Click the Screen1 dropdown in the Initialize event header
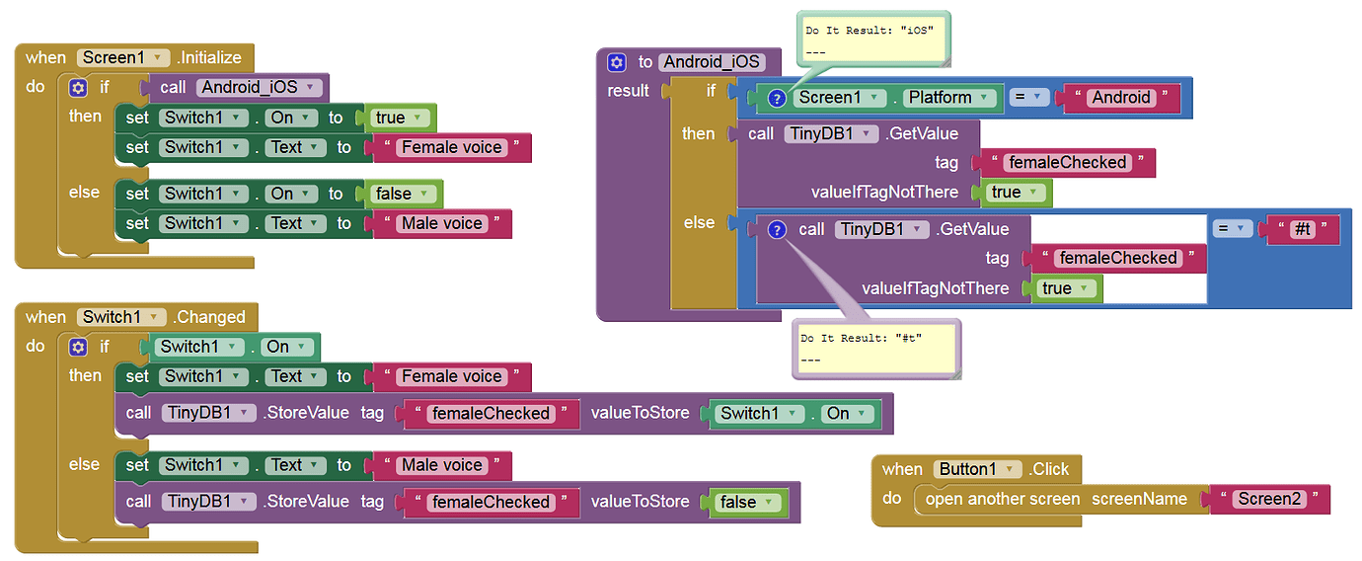coord(123,57)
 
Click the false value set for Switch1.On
coord(403,194)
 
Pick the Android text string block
coord(1120,97)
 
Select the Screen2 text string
coord(1269,499)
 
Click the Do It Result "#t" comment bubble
coord(874,347)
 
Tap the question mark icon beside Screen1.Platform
coord(777,98)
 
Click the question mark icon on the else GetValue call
coord(777,229)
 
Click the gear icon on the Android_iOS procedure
coord(617,62)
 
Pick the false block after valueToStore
coord(747,502)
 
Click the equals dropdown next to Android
coord(1027,97)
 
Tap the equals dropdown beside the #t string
coord(1232,228)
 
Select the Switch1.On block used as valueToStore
coord(794,413)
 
